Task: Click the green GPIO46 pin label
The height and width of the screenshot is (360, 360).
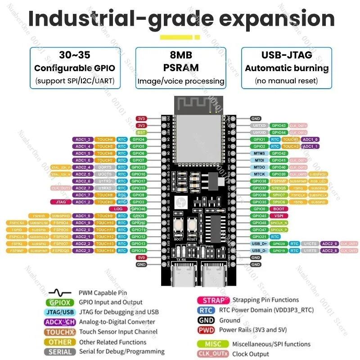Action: pyautogui.click(x=138, y=209)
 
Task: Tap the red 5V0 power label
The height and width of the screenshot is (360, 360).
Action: pyautogui.click(x=141, y=257)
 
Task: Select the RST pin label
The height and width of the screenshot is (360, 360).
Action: pyautogui.click(x=141, y=132)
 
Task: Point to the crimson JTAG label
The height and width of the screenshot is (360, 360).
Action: pyautogui.click(x=58, y=202)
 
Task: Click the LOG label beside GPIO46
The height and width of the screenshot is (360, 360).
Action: pyautogui.click(x=119, y=209)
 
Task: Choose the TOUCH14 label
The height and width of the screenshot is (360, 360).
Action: pyautogui.click(x=105, y=251)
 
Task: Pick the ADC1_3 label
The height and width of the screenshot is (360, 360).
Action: pyautogui.click(x=83, y=139)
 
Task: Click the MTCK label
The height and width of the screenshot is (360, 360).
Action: pyautogui.click(x=259, y=174)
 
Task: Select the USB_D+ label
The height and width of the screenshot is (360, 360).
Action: pyautogui.click(x=260, y=243)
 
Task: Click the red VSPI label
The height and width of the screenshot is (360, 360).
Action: pyautogui.click(x=279, y=216)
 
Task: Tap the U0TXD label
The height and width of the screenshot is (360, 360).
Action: pyautogui.click(x=259, y=126)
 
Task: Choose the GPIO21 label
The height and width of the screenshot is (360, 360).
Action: pyautogui.click(x=260, y=237)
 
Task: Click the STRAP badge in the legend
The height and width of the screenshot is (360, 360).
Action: pyautogui.click(x=214, y=300)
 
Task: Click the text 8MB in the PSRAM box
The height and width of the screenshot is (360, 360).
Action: pyautogui.click(x=180, y=55)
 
